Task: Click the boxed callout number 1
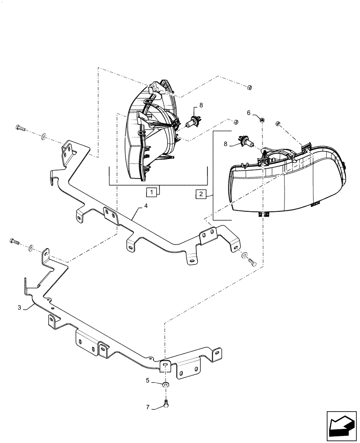[152, 192]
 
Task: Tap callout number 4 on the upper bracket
[146, 206]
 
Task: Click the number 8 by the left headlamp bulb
[201, 105]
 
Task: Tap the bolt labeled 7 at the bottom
[165, 404]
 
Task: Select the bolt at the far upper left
[20, 128]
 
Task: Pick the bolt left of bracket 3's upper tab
[14, 242]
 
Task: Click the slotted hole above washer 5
[165, 364]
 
